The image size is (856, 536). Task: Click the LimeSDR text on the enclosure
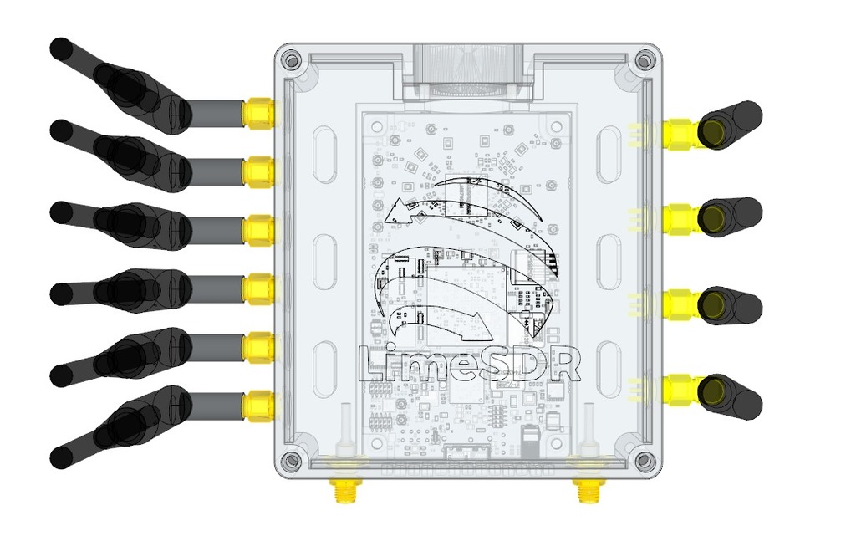[469, 364]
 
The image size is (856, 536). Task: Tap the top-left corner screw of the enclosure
[290, 60]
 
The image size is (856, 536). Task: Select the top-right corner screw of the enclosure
[643, 60]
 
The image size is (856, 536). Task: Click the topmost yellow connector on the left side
[258, 113]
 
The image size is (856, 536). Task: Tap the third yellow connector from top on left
[258, 228]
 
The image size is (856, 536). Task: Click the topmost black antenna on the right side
[729, 125]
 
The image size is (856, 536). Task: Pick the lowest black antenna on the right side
[729, 396]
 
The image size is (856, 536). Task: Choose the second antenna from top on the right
[729, 217]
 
